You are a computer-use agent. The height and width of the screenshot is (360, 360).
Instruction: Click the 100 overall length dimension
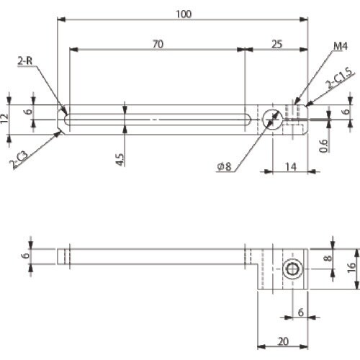point(184,14)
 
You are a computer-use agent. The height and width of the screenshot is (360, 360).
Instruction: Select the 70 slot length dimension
point(158,44)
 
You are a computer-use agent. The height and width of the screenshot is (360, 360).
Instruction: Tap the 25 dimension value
point(277,44)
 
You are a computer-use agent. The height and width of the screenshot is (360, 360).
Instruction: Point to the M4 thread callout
point(341,46)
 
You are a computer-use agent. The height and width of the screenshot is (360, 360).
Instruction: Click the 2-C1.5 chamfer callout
point(340,78)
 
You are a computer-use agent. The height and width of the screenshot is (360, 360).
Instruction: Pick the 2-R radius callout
point(24,61)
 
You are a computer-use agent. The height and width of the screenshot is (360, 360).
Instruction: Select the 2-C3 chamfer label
point(19,159)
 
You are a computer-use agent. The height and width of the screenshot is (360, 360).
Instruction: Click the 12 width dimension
point(4,119)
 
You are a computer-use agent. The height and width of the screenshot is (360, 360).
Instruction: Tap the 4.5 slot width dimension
point(120,160)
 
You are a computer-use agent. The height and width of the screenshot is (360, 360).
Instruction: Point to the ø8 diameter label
point(224,166)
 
